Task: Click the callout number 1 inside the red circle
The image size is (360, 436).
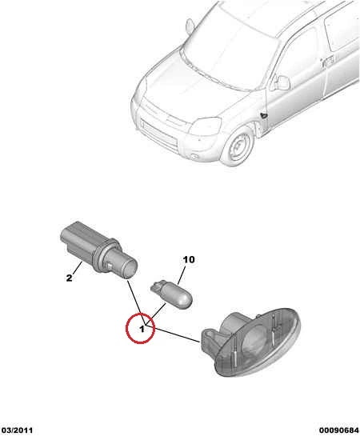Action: tap(142, 330)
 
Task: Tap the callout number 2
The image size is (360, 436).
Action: tap(69, 278)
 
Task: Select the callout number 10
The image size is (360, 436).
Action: tap(189, 260)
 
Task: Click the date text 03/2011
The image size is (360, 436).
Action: tap(17, 430)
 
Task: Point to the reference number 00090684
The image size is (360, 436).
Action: tap(339, 430)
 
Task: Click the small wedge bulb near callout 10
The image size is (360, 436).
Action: tap(171, 294)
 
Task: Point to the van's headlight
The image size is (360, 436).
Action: tap(205, 126)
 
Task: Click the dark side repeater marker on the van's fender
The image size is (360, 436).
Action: tap(263, 115)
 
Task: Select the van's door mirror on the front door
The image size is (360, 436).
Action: tap(281, 82)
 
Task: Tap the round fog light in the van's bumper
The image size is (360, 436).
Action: tap(194, 157)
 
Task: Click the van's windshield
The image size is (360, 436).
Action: tap(230, 50)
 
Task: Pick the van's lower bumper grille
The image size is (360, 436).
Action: tap(158, 136)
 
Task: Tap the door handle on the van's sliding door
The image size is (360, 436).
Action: tap(328, 62)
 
